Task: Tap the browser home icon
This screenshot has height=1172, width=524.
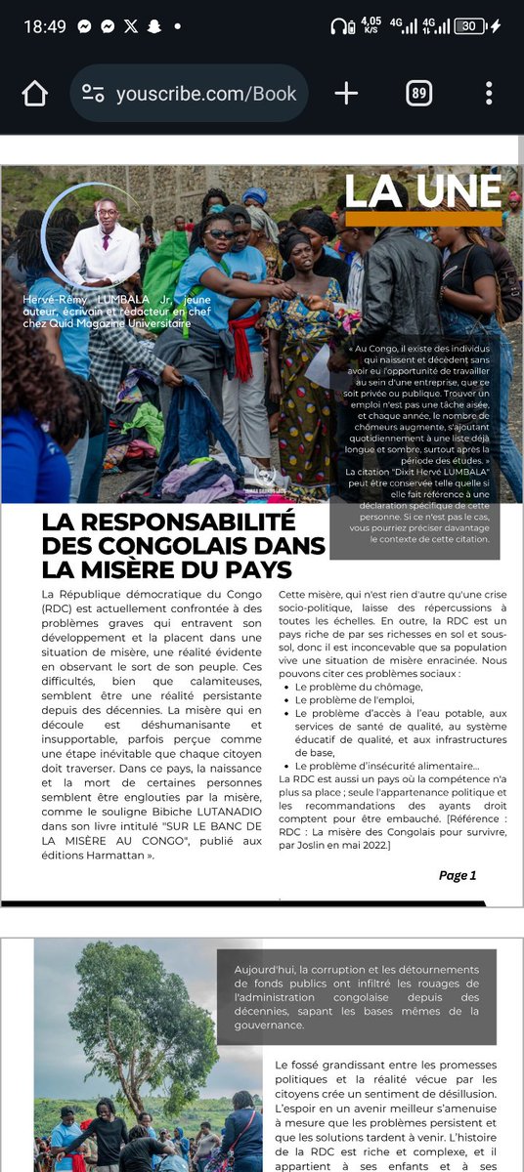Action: (x=34, y=94)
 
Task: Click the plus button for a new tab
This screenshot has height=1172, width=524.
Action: (x=346, y=94)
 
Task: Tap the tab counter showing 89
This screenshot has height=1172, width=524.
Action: (x=418, y=94)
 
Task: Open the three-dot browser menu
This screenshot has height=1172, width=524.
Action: (x=489, y=94)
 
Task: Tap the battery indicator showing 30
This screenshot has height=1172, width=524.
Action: (x=470, y=26)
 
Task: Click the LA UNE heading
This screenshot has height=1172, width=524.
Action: (x=422, y=190)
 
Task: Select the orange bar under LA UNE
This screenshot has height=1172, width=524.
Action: (x=422, y=219)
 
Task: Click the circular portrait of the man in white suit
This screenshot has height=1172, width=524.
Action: (x=104, y=246)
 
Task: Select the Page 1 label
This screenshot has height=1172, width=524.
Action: (x=458, y=875)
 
